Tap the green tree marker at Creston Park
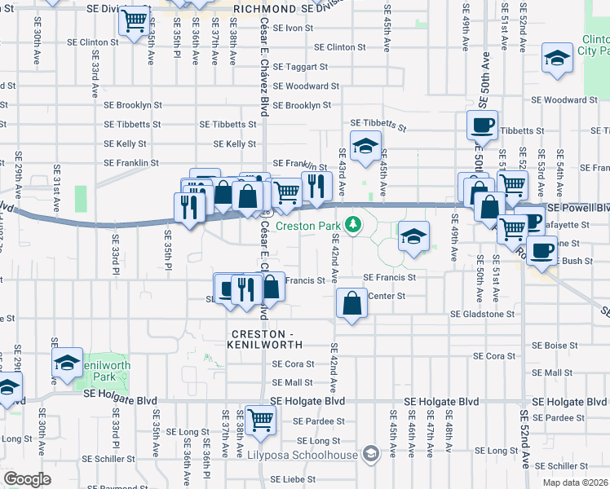(352, 222)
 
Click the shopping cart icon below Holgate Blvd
(261, 421)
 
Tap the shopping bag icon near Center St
(351, 303)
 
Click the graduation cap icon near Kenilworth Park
(68, 363)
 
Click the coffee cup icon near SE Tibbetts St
(481, 126)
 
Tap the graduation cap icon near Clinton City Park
(557, 59)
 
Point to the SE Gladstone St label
(483, 314)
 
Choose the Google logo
(27, 478)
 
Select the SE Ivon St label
(294, 28)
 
